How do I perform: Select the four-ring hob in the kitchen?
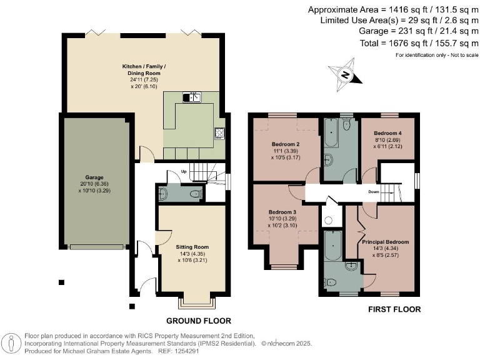[219, 132]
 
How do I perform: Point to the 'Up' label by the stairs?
[183, 171]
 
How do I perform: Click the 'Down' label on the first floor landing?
[374, 192]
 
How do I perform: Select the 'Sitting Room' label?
[192, 247]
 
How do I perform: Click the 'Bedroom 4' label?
[387, 134]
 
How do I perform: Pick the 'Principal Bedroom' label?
[385, 242]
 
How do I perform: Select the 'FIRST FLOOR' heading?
[394, 309]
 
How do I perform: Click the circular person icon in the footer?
[12, 342]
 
